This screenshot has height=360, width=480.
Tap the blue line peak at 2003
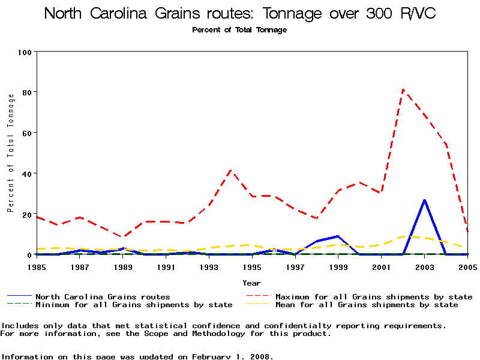click(425, 200)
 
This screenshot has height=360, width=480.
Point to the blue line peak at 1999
click(338, 236)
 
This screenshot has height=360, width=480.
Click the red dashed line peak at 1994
click(231, 170)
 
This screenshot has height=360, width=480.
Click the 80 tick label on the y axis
click(26, 92)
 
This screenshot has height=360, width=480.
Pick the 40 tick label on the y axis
click(26, 173)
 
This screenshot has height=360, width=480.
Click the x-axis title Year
click(252, 283)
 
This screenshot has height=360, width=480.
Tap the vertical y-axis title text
click(11, 153)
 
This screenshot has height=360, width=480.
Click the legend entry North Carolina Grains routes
click(103, 297)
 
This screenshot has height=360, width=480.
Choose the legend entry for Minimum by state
click(134, 305)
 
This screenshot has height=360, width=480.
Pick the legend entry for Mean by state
click(367, 305)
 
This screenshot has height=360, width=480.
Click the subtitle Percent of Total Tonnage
click(239, 30)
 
